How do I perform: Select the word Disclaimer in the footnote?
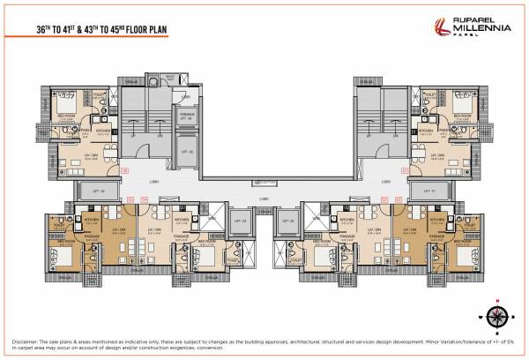coord(26,340)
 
